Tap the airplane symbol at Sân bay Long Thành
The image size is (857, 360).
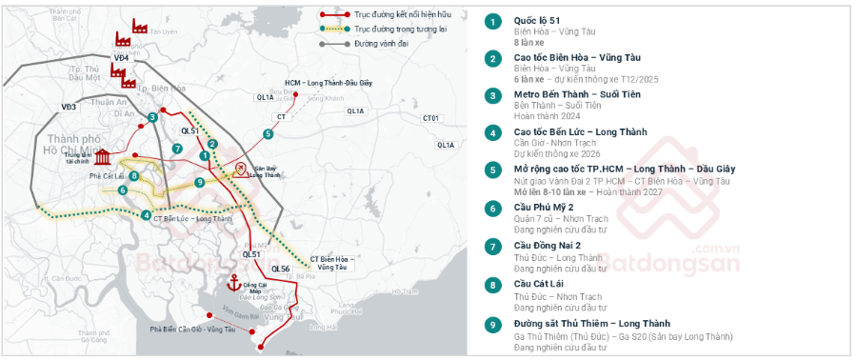[x=241, y=169]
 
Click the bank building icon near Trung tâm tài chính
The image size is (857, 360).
[x=103, y=157]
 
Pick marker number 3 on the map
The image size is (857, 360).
[x=152, y=117]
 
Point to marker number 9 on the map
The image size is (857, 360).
[x=199, y=182]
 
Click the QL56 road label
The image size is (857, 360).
[x=281, y=269]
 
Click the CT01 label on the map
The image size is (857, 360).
[x=431, y=118]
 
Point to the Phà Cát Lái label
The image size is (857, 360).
[x=107, y=176]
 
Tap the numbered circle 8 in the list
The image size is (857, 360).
[x=492, y=284]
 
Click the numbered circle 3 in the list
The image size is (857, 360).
[x=492, y=95]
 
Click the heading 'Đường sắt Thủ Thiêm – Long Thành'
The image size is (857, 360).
[x=591, y=323]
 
